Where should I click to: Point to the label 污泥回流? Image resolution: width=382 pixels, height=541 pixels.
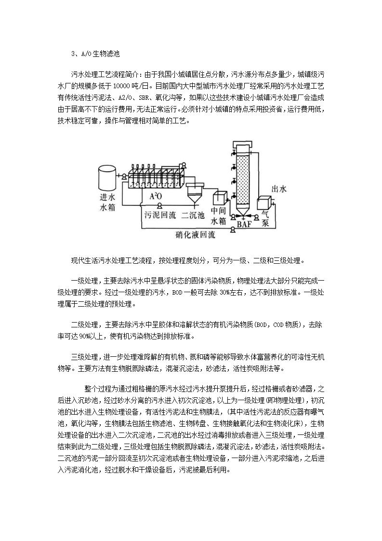[x=160, y=215]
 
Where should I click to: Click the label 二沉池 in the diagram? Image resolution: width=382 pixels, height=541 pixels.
[x=194, y=215]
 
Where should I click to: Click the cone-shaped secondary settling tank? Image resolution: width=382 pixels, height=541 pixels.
[x=195, y=192]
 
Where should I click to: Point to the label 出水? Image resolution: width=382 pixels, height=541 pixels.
[x=279, y=189]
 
